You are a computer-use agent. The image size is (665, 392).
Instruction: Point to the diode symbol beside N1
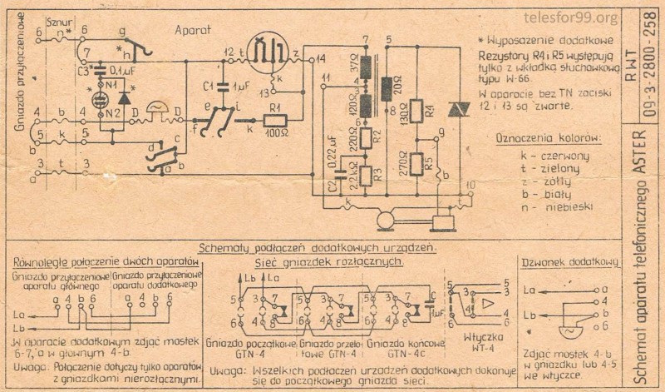[125, 96]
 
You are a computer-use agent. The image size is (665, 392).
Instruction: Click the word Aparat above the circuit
[192, 29]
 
